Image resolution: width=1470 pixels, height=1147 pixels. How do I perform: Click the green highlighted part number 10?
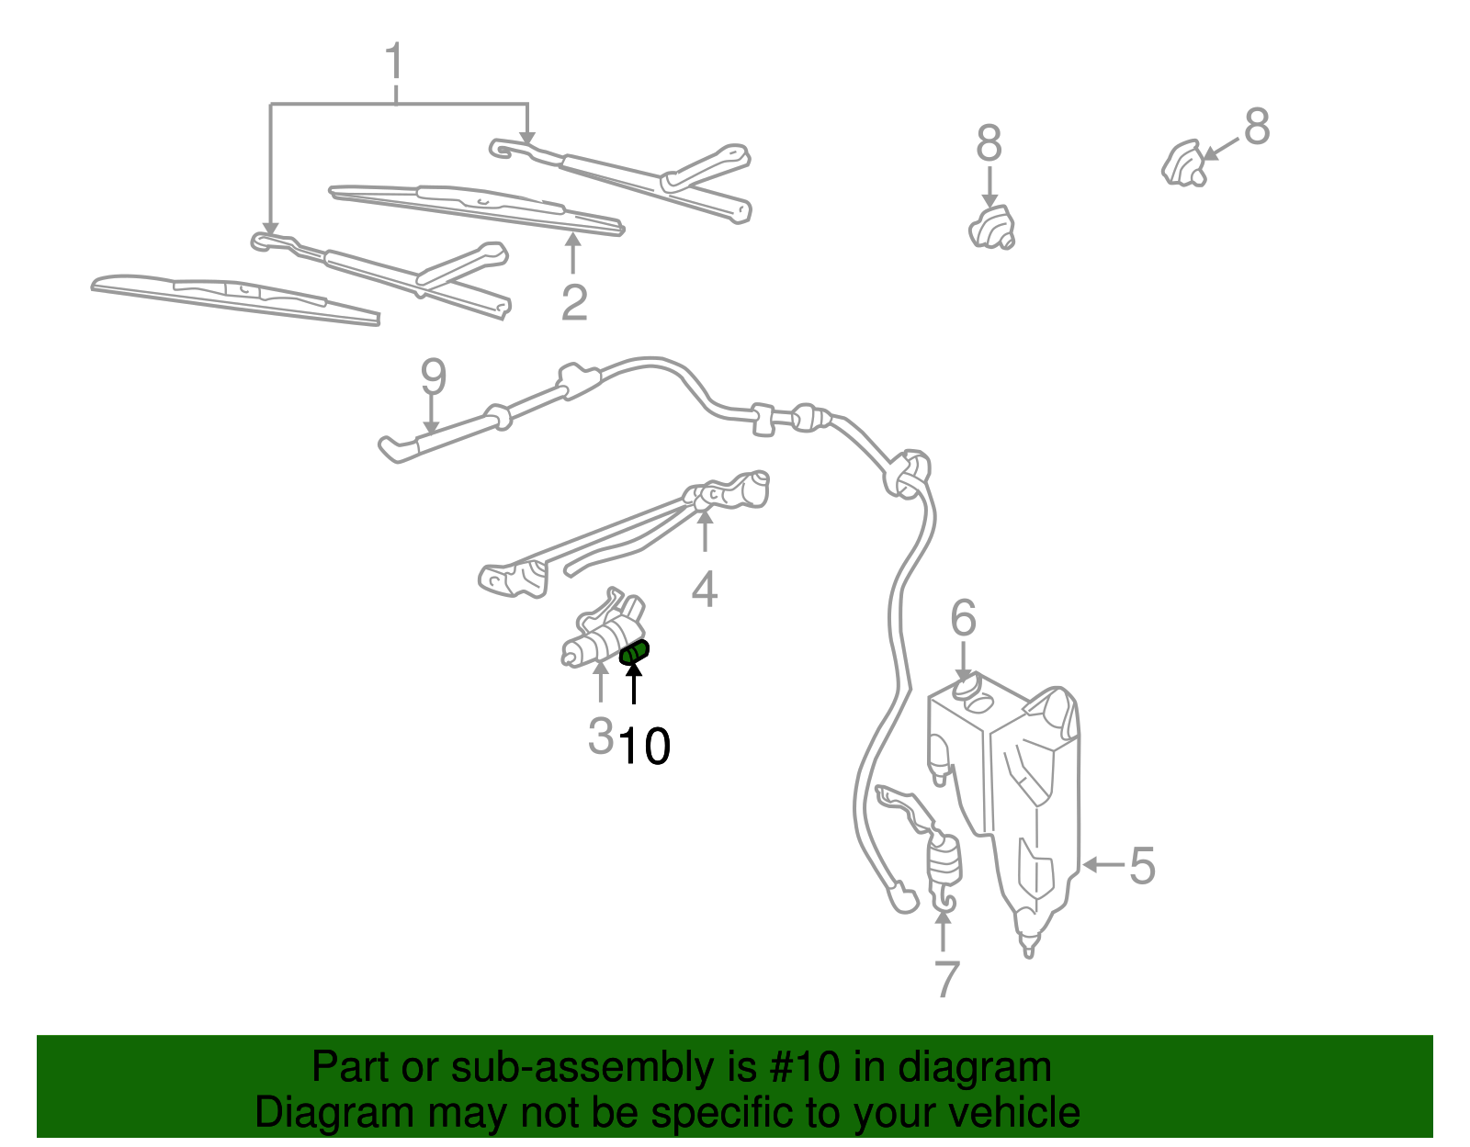(x=635, y=653)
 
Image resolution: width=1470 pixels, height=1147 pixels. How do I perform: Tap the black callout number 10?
(x=644, y=747)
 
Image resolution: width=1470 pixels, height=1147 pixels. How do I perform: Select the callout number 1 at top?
(x=394, y=62)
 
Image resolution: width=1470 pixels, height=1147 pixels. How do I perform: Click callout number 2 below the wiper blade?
(x=574, y=303)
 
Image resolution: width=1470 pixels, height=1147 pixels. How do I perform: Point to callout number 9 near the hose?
(x=433, y=377)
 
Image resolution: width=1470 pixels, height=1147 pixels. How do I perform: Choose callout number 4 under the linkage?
(x=705, y=590)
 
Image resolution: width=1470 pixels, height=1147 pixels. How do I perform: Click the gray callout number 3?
(x=600, y=735)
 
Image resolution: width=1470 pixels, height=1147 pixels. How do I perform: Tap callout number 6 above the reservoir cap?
(x=963, y=618)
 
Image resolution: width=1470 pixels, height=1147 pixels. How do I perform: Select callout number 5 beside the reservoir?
(x=1142, y=865)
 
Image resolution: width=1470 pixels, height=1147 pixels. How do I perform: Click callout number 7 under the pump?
(x=946, y=979)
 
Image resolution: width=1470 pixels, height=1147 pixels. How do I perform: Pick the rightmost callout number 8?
(x=1256, y=127)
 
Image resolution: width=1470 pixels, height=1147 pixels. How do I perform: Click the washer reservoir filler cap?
(x=965, y=689)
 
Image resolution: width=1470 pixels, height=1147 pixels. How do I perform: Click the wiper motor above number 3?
(x=602, y=629)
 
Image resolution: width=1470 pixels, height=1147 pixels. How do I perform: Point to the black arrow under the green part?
(x=634, y=683)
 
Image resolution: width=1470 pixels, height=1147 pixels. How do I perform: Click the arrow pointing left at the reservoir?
(x=1102, y=864)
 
